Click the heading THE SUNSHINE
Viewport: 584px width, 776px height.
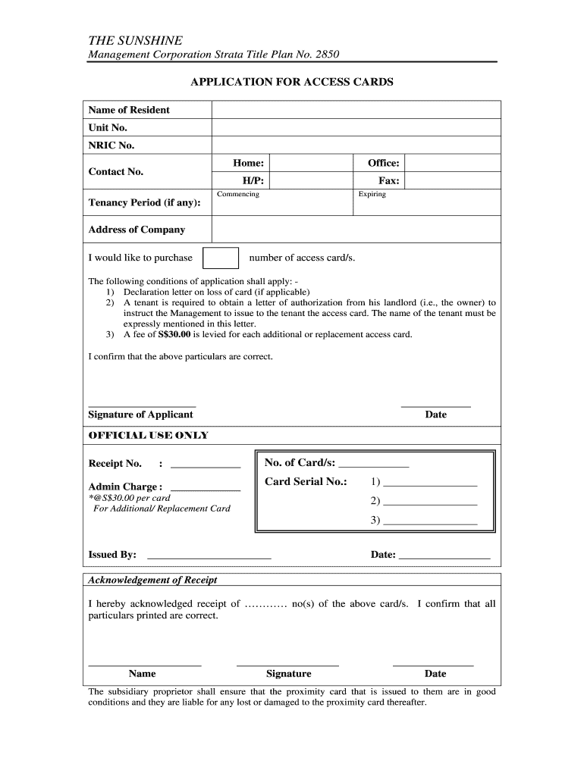click(135, 40)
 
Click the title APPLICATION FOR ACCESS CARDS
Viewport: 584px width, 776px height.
click(291, 82)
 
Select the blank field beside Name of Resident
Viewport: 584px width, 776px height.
click(356, 110)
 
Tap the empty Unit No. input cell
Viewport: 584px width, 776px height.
click(356, 127)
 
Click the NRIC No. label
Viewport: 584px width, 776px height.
click(111, 145)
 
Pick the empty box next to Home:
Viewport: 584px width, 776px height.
click(312, 163)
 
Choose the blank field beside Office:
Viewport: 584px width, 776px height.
click(452, 163)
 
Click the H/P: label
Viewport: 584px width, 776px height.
click(253, 180)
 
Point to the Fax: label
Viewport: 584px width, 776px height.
click(389, 180)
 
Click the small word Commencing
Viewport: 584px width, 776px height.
click(238, 195)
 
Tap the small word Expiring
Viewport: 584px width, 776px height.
click(372, 195)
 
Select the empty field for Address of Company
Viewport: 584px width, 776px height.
click(356, 229)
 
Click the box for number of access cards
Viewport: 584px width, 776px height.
click(221, 258)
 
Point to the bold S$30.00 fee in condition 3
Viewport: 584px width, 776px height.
click(174, 334)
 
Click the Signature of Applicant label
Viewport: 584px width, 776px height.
click(140, 415)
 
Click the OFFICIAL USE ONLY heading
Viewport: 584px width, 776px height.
click(148, 436)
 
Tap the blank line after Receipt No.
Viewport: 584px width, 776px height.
click(206, 463)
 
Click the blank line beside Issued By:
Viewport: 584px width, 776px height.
click(209, 555)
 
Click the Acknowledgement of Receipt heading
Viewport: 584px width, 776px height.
click(152, 580)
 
